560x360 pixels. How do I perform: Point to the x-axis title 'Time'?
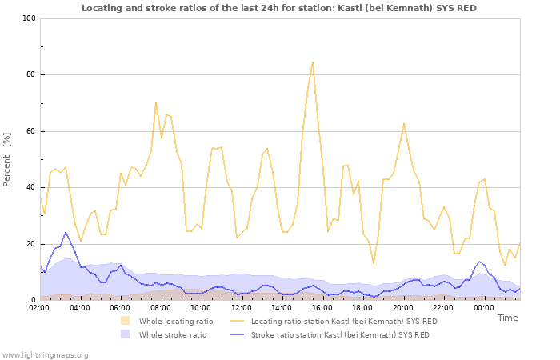pyautogui.click(x=507, y=318)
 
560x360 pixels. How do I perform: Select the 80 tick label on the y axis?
pyautogui.click(x=30, y=75)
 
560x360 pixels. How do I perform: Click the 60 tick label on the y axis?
pyautogui.click(x=30, y=131)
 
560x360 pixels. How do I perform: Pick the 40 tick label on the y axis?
pyautogui.click(x=30, y=188)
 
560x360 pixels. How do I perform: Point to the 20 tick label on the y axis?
pyautogui.click(x=30, y=244)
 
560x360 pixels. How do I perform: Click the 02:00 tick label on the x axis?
pyautogui.click(x=40, y=307)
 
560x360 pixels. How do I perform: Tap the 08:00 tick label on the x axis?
pyautogui.click(x=161, y=307)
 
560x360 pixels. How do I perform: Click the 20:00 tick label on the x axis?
pyautogui.click(x=403, y=307)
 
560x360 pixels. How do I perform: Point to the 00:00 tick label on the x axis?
pyautogui.click(x=484, y=307)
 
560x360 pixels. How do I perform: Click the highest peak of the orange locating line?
pyautogui.click(x=313, y=62)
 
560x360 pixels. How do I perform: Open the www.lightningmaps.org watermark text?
pyautogui.click(x=45, y=354)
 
